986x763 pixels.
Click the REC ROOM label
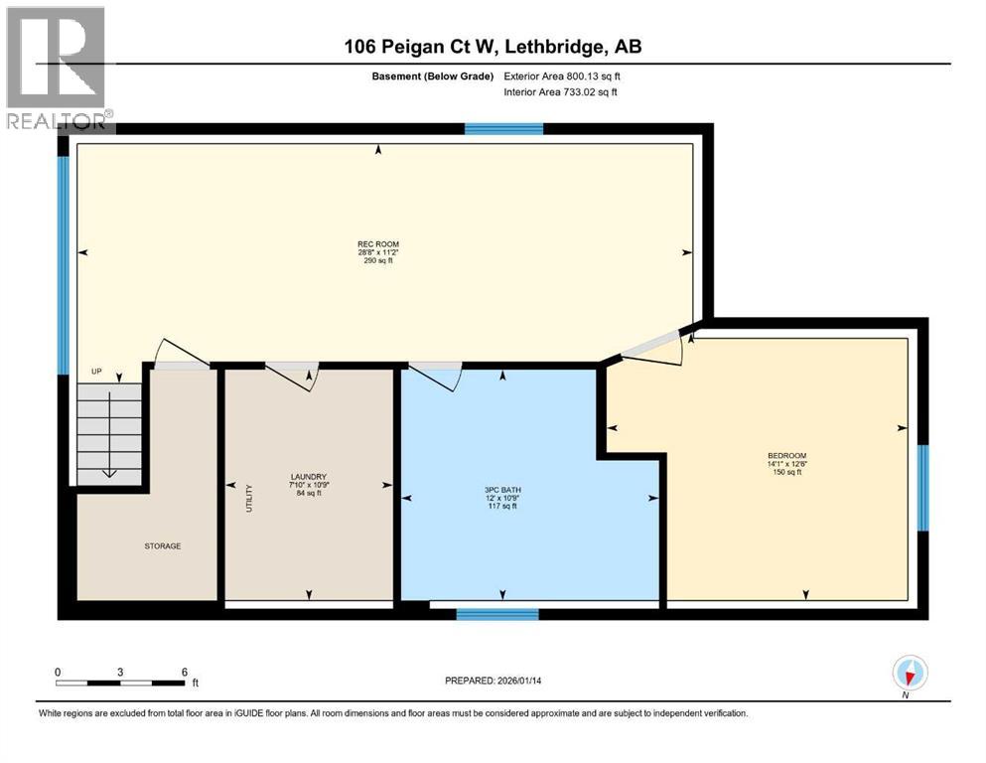378,243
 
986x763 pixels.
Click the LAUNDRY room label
309,477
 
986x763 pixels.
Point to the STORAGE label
162,545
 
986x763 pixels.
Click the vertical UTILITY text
249,497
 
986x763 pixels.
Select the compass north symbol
910,674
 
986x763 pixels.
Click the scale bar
120,683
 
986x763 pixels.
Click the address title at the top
493,47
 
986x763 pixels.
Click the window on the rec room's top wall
504,128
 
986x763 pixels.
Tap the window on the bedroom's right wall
922,488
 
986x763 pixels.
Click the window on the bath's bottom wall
496,614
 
